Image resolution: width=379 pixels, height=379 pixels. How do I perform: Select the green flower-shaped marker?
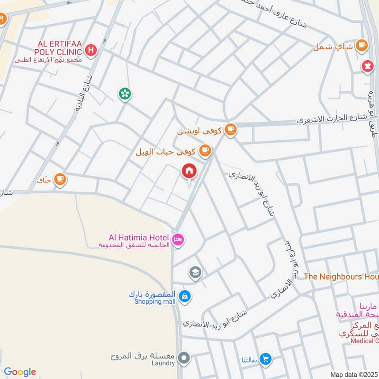coord(125,93)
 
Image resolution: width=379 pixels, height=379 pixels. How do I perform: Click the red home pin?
coord(189,171)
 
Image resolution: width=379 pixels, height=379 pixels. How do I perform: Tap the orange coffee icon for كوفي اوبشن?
coord(230,129)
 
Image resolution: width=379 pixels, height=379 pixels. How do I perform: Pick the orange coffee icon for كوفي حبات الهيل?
coord(205,151)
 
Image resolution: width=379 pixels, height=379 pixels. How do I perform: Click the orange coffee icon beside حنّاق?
coord(60,179)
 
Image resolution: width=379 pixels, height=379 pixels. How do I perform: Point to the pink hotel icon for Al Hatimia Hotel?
coord(178,240)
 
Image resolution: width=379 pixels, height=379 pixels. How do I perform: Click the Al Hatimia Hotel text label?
coord(139,236)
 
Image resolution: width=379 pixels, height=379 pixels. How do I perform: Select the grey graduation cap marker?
coord(194,272)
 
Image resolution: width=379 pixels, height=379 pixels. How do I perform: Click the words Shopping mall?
coord(154,302)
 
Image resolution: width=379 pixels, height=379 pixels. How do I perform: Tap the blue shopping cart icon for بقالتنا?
coord(266,359)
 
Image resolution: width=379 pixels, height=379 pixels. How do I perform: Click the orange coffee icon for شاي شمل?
coord(362,45)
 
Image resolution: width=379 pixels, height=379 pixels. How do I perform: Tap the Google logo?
coord(19,372)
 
